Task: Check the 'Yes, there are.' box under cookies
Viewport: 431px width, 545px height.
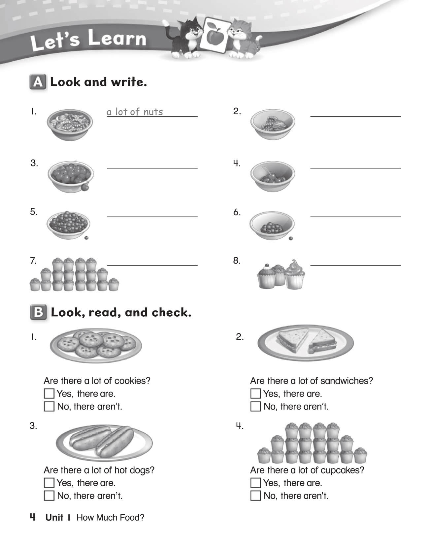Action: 49,393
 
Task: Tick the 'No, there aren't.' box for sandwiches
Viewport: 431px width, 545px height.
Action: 255,406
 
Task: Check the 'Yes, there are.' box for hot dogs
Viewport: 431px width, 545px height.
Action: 49,483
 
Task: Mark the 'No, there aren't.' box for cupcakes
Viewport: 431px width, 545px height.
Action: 255,496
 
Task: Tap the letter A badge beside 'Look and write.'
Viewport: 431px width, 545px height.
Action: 38,82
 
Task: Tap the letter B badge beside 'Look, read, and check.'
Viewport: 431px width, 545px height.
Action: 38,312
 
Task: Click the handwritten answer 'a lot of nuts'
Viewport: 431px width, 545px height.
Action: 135,112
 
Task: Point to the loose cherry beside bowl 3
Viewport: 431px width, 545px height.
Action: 85,187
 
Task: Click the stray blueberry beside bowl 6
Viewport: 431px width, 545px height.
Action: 291,238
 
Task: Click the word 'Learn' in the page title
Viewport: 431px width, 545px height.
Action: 117,39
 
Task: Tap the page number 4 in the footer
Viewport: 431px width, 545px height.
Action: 33,517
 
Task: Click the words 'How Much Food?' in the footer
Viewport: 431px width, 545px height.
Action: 110,518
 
